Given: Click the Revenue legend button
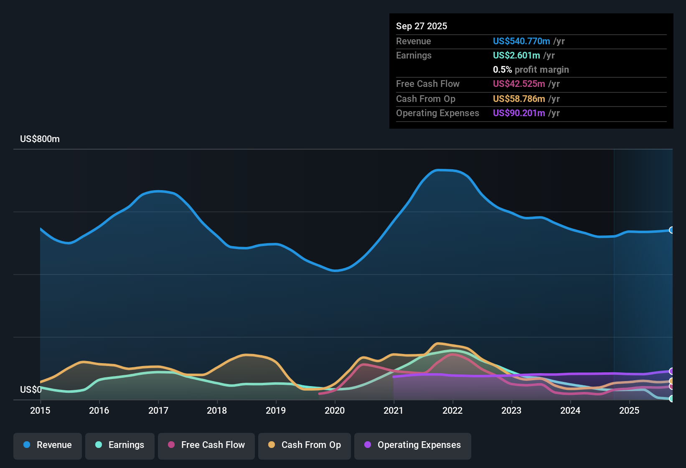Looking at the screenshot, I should point(48,445).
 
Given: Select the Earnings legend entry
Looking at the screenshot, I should point(120,445).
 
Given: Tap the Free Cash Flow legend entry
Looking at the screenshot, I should point(206,445).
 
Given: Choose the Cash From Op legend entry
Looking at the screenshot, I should point(305,445).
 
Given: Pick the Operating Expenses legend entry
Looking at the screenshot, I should point(413,445).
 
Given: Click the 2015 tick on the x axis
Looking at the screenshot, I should point(40,410).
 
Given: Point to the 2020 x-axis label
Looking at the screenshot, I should point(335,410).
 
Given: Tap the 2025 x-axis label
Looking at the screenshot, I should point(629,410).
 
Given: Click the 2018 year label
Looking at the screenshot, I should point(217,410).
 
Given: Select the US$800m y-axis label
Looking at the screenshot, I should point(40,139).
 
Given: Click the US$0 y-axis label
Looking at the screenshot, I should point(30,389).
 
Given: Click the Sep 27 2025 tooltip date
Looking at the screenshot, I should point(421,26).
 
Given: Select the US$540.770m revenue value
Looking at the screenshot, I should point(521,41).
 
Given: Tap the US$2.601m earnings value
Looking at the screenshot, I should point(516,56).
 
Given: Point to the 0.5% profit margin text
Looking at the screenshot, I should point(531,70).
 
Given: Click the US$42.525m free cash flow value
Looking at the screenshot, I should point(518,84).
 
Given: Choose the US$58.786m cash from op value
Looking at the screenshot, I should point(518,99).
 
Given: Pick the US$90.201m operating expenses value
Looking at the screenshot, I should point(518,113).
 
